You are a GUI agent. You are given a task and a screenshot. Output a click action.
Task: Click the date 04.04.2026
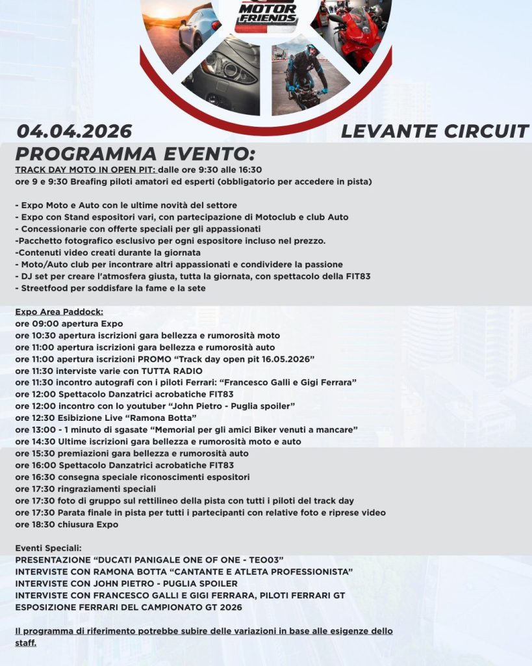[74, 131]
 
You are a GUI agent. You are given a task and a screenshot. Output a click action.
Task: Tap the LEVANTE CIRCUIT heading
[435, 131]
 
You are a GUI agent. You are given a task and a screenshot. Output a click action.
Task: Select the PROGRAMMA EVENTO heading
[135, 155]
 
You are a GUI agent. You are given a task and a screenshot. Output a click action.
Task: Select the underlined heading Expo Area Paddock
[59, 312]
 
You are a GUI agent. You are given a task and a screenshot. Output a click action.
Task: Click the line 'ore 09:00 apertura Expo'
[69, 323]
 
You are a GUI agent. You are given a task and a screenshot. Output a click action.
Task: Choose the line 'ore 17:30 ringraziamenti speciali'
[85, 488]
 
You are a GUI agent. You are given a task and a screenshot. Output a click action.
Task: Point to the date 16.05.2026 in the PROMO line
[283, 359]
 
